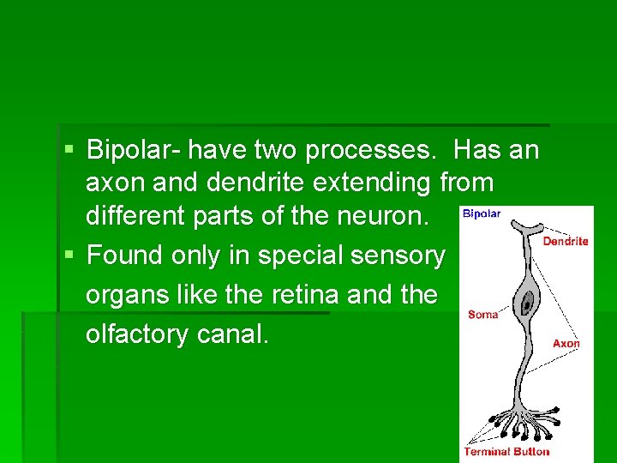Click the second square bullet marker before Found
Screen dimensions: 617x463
(69, 255)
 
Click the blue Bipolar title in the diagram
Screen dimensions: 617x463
(482, 213)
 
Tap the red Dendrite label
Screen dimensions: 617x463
(566, 241)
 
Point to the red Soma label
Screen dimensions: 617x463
(483, 315)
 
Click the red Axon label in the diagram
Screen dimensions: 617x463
(566, 343)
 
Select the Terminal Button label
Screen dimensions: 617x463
(506, 452)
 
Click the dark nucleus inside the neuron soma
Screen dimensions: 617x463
(525, 302)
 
